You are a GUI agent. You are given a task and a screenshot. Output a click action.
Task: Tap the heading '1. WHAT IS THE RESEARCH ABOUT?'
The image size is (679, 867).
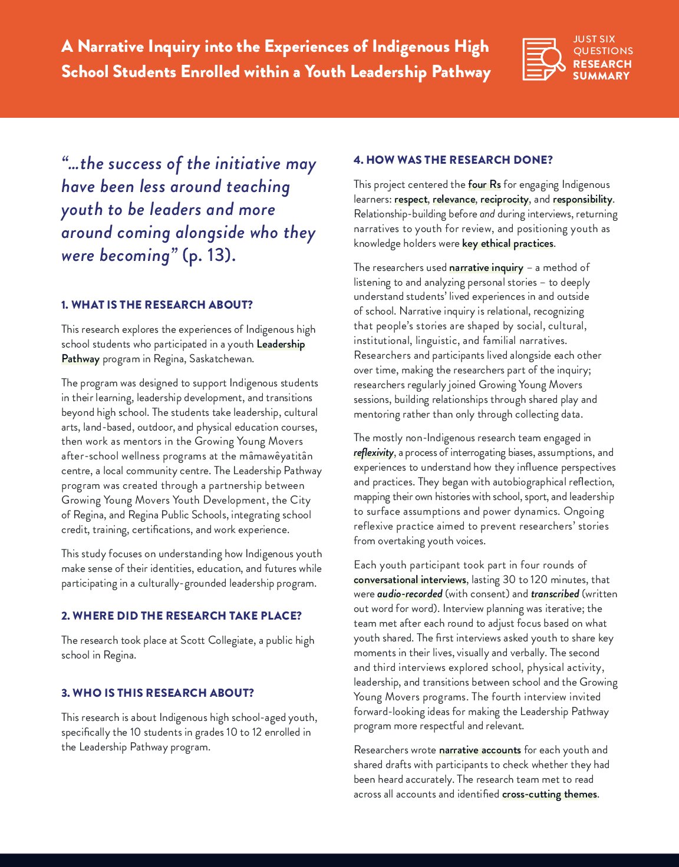point(157,305)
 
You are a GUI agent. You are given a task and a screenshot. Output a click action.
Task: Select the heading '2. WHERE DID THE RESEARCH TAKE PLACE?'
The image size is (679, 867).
point(181,615)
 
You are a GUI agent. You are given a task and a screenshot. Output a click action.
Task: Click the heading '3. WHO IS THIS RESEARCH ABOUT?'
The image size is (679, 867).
point(157,693)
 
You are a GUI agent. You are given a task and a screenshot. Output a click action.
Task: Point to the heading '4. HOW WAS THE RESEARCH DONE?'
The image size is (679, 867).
point(453,160)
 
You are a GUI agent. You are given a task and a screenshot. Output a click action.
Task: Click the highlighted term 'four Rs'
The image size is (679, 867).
point(484,184)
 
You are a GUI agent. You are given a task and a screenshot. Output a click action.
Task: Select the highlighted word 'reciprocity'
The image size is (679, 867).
point(504,199)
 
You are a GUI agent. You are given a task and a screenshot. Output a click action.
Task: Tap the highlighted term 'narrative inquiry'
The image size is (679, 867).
point(486,267)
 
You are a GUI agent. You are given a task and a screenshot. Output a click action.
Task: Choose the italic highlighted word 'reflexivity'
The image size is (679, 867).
point(374,452)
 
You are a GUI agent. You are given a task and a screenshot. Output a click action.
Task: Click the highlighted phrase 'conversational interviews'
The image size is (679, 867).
point(410,580)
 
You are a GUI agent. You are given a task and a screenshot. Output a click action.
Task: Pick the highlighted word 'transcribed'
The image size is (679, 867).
point(555,594)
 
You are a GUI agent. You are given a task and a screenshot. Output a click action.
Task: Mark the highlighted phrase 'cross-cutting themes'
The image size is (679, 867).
point(549,794)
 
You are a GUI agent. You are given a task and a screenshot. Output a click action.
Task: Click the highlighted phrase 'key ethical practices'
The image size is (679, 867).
point(507,243)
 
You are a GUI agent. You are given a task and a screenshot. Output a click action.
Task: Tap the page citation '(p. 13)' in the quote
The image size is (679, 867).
point(209,256)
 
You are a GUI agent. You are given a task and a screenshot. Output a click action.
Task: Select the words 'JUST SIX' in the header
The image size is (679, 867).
point(594,39)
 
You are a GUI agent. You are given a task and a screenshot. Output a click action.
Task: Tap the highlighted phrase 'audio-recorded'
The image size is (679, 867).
point(409,594)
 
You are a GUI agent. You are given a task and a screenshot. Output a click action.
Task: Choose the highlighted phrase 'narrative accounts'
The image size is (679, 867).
point(480,750)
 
